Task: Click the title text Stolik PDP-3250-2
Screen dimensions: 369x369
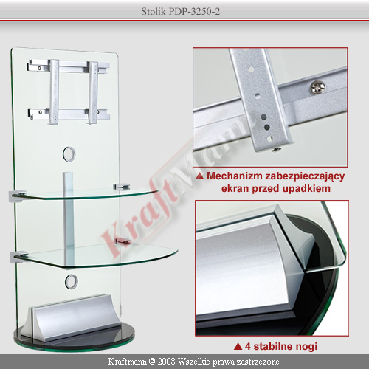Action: (180, 11)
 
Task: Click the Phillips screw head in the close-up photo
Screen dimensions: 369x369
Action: (317, 87)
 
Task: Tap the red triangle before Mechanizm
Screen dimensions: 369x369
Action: (200, 176)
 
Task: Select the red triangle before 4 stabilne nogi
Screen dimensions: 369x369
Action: (238, 346)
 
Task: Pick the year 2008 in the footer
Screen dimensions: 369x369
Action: (166, 362)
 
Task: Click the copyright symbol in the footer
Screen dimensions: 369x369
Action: (152, 362)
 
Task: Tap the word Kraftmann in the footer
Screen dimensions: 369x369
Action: (128, 362)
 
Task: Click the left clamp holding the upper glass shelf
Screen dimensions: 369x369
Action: (17, 195)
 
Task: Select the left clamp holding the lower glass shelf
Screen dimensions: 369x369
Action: (18, 256)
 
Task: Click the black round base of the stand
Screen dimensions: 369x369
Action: (74, 342)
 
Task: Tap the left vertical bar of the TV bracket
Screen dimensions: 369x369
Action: (54, 92)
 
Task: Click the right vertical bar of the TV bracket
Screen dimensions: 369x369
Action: (93, 93)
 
